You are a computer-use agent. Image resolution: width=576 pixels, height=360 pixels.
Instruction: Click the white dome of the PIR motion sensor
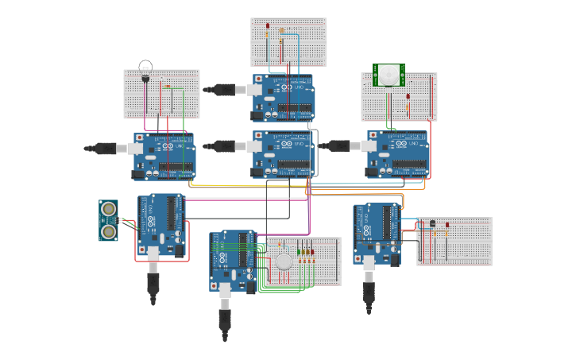(389, 75)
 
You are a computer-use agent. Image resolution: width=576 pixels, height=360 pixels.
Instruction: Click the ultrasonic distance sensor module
(108, 220)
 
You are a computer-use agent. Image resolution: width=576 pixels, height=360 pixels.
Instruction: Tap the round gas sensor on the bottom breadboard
(284, 261)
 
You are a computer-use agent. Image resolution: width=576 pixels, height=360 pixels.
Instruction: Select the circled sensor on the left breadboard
(145, 70)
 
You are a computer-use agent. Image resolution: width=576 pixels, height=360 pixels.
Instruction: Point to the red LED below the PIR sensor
(408, 97)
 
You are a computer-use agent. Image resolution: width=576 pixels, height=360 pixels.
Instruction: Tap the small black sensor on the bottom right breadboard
(431, 223)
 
